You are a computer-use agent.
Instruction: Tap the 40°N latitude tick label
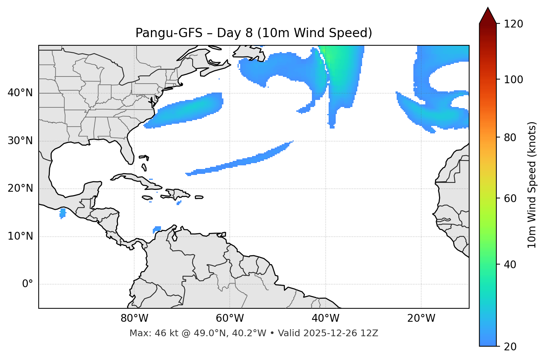(x=20, y=93)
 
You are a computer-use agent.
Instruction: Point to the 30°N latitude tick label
(x=20, y=141)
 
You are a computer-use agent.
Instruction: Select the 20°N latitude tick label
(x=20, y=188)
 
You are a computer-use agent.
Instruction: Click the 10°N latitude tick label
(x=20, y=236)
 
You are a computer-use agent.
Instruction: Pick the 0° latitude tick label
(x=28, y=284)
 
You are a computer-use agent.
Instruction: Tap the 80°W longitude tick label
(x=134, y=318)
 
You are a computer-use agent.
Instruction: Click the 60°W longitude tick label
(x=230, y=318)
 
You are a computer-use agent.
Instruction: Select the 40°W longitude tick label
(x=325, y=318)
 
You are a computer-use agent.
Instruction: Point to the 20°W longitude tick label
(x=421, y=318)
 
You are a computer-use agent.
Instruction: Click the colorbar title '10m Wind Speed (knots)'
(x=532, y=185)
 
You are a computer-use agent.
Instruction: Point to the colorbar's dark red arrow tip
(x=488, y=11)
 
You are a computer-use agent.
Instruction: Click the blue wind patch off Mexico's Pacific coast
(x=62, y=213)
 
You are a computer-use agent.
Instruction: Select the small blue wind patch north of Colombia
(x=157, y=229)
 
